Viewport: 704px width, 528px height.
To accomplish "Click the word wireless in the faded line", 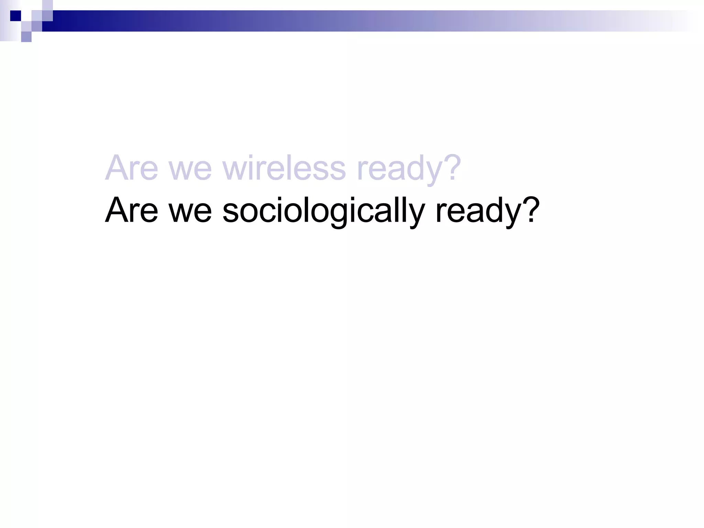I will pyautogui.click(x=284, y=168).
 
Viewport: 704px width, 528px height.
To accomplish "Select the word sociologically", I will pyautogui.click(x=323, y=210).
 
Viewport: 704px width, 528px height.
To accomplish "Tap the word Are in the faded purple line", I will pyautogui.click(x=132, y=168).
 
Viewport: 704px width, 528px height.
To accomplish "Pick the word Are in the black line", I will pyautogui.click(x=132, y=210).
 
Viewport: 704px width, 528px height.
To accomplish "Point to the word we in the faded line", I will pyautogui.click(x=190, y=171).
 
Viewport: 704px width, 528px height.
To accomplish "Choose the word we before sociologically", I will pyautogui.click(x=190, y=213).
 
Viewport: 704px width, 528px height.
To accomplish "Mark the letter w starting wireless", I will pyautogui.click(x=235, y=171).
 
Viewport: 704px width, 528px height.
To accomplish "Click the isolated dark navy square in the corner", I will pyautogui.click(x=15, y=16).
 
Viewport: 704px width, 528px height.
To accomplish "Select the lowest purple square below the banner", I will pyautogui.click(x=26, y=37).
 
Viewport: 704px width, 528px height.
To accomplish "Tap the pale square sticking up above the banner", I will pyautogui.click(x=47, y=5).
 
